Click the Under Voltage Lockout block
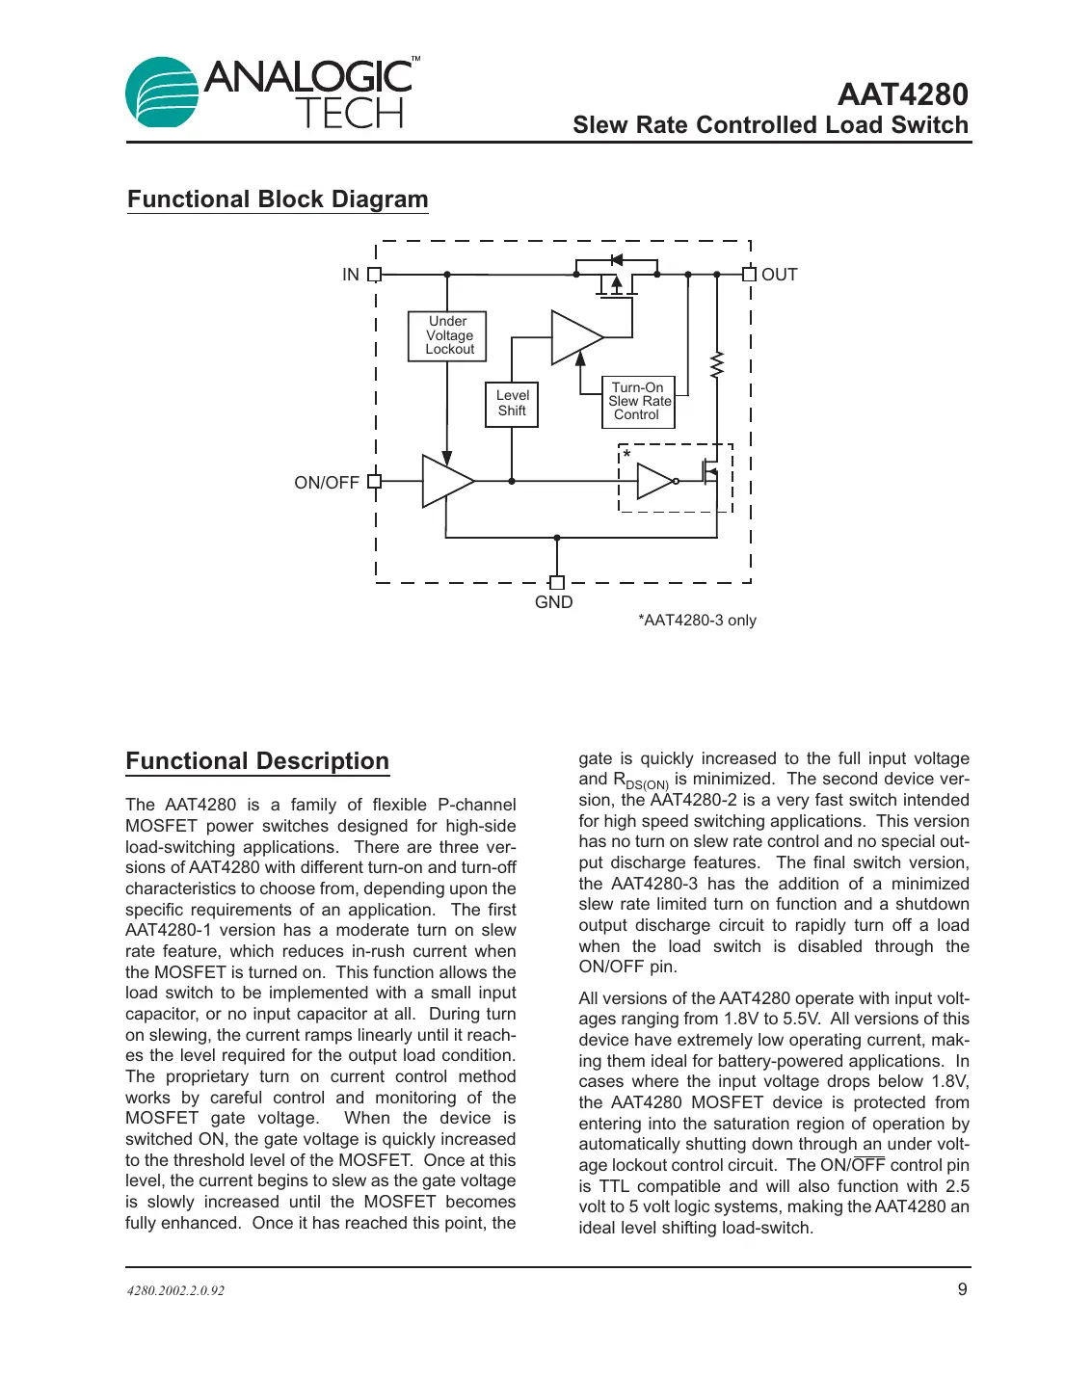(447, 335)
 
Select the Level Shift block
(512, 404)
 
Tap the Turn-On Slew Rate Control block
(638, 402)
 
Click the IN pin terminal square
(375, 275)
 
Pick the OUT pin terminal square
(749, 275)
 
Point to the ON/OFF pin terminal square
(375, 482)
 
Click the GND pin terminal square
(556, 582)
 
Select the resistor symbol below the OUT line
(716, 365)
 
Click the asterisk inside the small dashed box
(627, 455)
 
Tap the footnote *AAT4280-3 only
(697, 621)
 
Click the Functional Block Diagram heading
(278, 199)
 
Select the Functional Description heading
(257, 761)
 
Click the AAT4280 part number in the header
(902, 94)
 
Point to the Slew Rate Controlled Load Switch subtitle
(770, 125)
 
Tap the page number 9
(962, 1289)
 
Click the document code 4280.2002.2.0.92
(175, 1290)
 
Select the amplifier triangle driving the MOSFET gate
(573, 337)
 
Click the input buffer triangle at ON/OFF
(445, 481)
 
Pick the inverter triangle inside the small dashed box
(654, 481)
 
